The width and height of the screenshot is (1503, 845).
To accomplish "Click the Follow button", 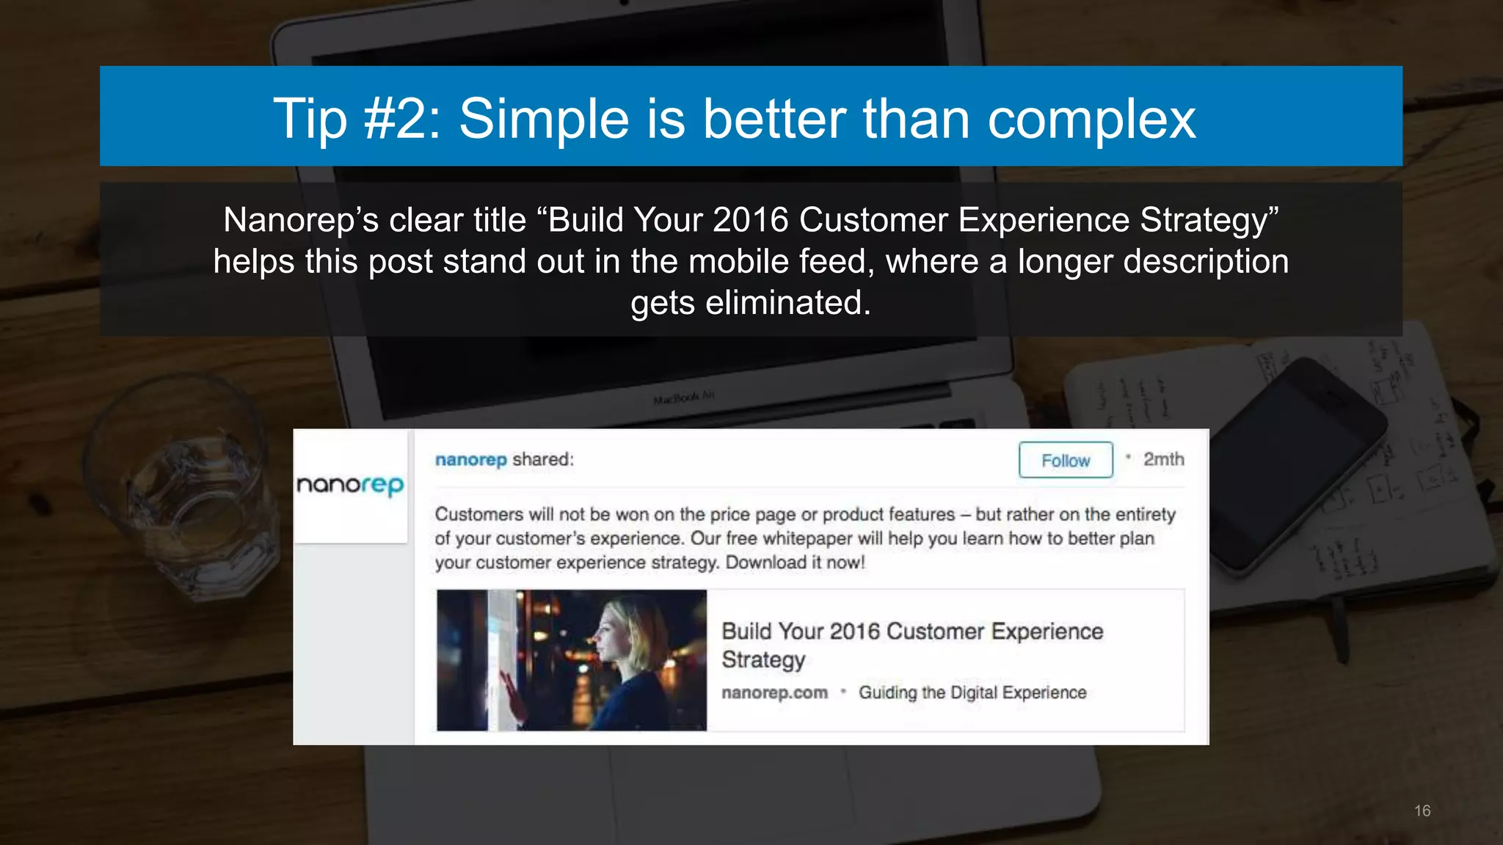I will click(x=1066, y=461).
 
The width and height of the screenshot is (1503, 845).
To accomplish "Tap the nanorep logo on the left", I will click(x=350, y=485).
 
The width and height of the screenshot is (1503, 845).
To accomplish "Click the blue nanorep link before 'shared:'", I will click(x=470, y=460).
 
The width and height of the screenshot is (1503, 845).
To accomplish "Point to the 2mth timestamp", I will click(x=1163, y=460).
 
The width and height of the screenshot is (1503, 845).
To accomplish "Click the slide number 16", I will click(x=1422, y=811).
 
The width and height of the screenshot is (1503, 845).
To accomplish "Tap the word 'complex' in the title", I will click(x=1092, y=119).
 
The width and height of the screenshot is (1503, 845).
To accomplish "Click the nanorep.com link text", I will click(x=774, y=692).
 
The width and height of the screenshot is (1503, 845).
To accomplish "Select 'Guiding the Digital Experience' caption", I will click(x=972, y=692).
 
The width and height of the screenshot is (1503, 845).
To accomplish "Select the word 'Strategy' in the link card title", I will click(x=763, y=659).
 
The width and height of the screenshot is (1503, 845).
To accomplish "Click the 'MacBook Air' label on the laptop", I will click(x=683, y=398).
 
